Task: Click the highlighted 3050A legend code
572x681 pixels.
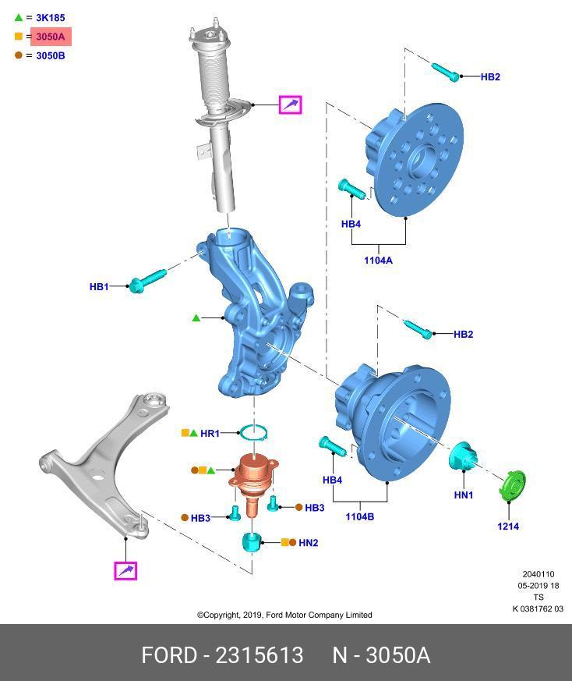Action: [51, 37]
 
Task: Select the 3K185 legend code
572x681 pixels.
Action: [51, 17]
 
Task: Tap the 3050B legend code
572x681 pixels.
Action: [51, 56]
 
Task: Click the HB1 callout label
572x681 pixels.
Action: [99, 287]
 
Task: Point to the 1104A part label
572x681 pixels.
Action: [378, 261]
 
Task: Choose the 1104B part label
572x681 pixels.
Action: [359, 516]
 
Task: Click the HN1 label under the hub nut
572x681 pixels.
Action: [464, 495]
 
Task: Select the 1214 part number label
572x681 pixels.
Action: [508, 526]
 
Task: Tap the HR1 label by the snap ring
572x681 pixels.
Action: [210, 433]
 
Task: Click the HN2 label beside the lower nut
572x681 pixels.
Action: [309, 542]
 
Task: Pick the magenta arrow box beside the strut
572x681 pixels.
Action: [291, 104]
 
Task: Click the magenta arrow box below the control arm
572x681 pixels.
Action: [125, 571]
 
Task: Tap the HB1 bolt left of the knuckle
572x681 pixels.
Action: [147, 281]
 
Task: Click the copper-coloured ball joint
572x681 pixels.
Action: [253, 477]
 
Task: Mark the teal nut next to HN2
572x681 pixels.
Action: [252, 541]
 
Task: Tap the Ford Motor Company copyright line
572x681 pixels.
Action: [284, 615]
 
